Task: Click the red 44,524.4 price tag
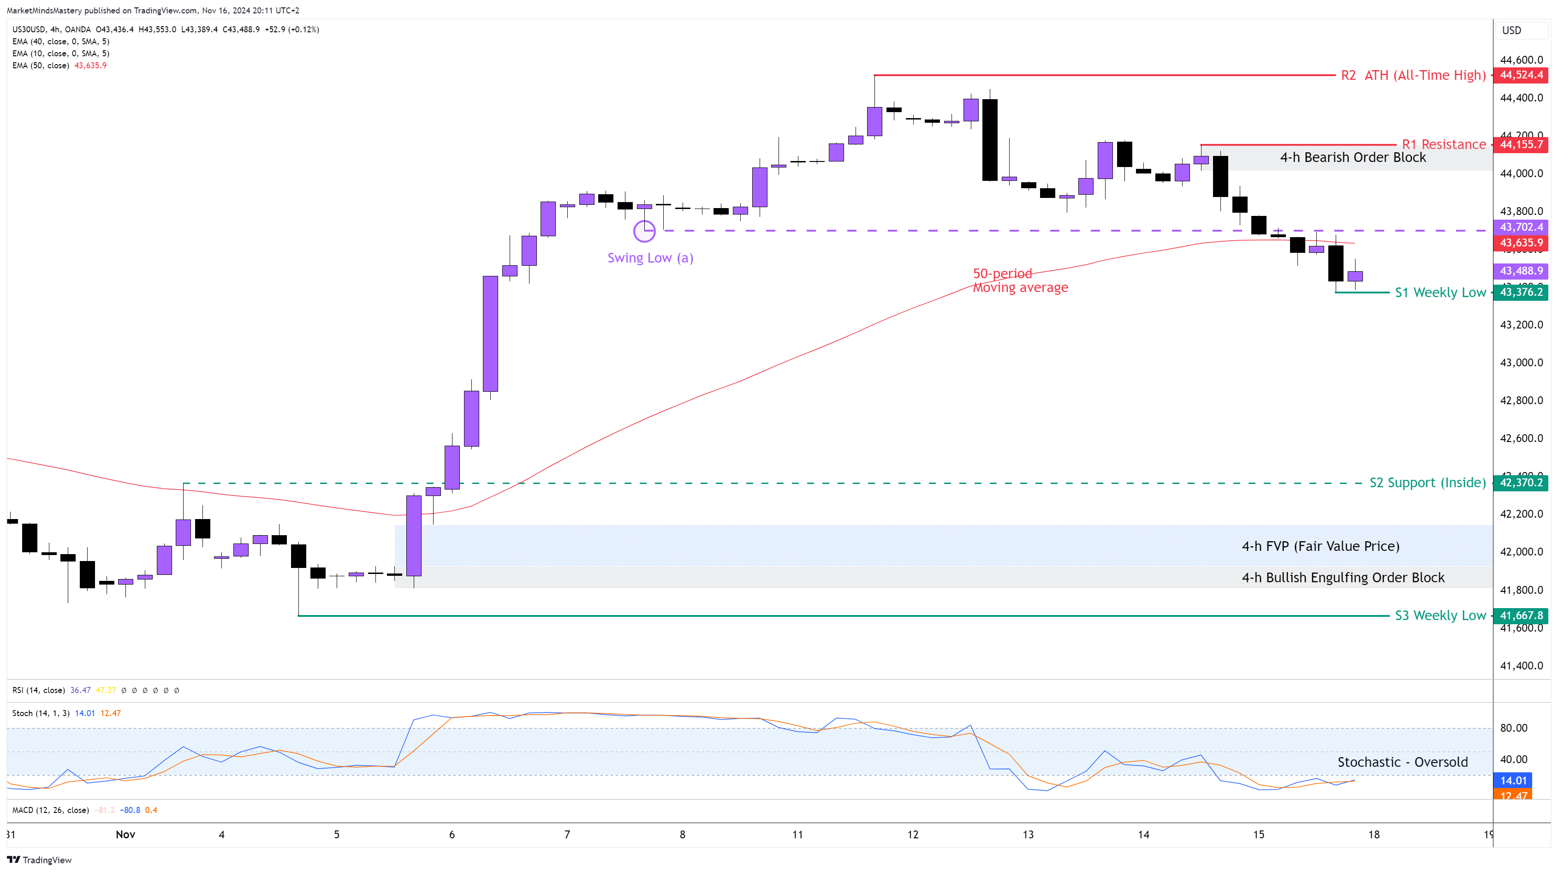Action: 1521,75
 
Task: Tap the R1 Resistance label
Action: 1444,144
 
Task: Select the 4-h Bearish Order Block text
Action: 1352,157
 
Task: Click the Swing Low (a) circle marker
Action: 644,231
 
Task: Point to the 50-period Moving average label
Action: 1020,281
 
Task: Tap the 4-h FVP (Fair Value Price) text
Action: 1320,546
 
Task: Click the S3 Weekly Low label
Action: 1440,615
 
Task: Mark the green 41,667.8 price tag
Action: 1521,615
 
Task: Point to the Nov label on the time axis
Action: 125,835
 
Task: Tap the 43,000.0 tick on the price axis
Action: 1521,363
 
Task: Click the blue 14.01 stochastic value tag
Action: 1513,781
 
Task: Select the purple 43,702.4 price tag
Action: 1521,227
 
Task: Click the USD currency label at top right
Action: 1511,30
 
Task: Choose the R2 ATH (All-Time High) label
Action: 1412,76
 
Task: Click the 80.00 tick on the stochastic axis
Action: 1513,728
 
